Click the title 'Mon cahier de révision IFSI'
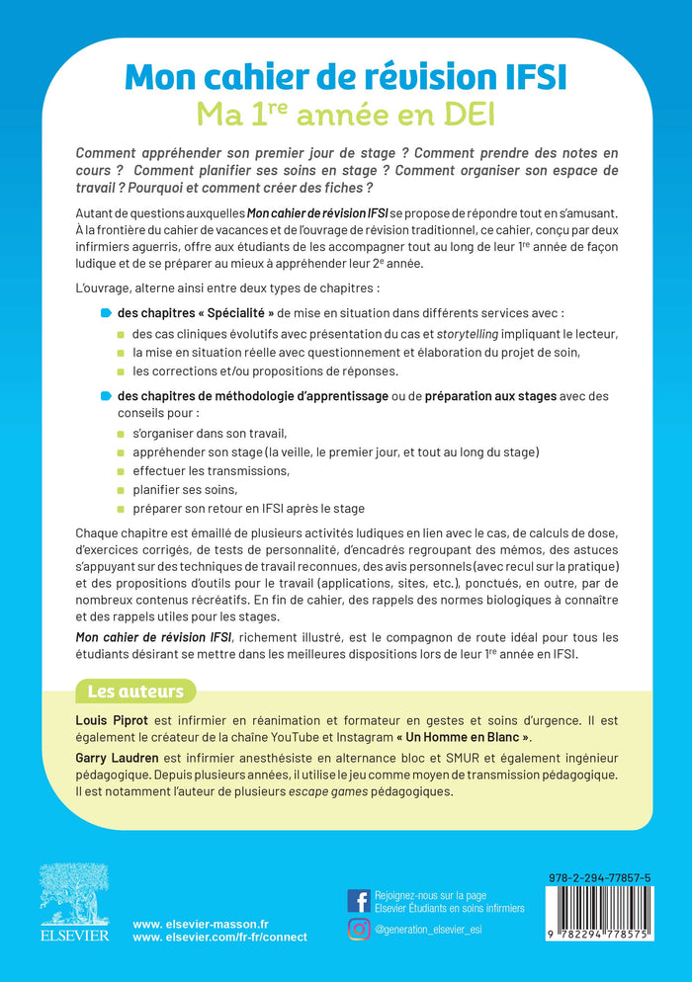[x=346, y=78]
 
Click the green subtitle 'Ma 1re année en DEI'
[x=346, y=115]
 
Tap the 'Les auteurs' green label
[x=136, y=690]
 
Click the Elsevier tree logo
[x=68, y=893]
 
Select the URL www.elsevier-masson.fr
[x=193, y=922]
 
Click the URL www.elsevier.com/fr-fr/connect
[x=219, y=937]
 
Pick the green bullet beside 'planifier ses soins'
[x=122, y=489]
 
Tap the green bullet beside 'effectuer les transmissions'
[x=122, y=471]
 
